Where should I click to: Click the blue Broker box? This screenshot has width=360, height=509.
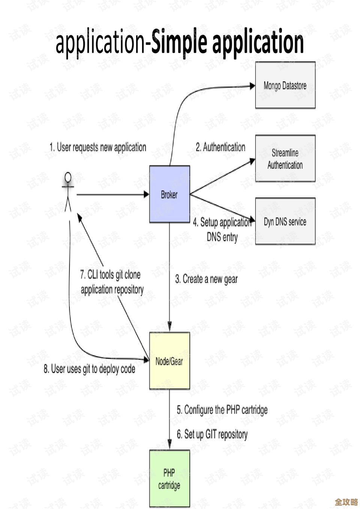click(169, 194)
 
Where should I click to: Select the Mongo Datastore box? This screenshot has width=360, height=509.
click(285, 86)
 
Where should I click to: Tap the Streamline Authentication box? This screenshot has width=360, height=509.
click(285, 159)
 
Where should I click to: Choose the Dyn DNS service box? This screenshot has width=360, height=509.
click(285, 222)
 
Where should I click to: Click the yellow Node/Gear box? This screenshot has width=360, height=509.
click(169, 361)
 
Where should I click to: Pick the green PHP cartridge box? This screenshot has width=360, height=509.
click(169, 479)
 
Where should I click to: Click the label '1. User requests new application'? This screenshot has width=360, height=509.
click(98, 147)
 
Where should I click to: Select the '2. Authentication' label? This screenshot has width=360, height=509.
click(220, 147)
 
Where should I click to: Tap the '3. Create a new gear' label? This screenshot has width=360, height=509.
click(206, 279)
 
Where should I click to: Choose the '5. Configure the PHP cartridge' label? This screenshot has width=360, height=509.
click(222, 410)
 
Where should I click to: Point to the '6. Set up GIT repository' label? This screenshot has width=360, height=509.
click(212, 434)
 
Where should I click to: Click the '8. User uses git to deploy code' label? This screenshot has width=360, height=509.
click(89, 369)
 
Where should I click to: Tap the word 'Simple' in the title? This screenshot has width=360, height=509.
click(178, 42)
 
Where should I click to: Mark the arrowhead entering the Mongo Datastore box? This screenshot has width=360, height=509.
click(252, 86)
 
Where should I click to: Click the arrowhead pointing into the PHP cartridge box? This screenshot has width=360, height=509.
click(169, 445)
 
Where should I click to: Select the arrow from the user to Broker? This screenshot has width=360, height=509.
click(112, 194)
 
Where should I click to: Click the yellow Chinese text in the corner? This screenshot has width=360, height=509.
click(346, 502)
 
